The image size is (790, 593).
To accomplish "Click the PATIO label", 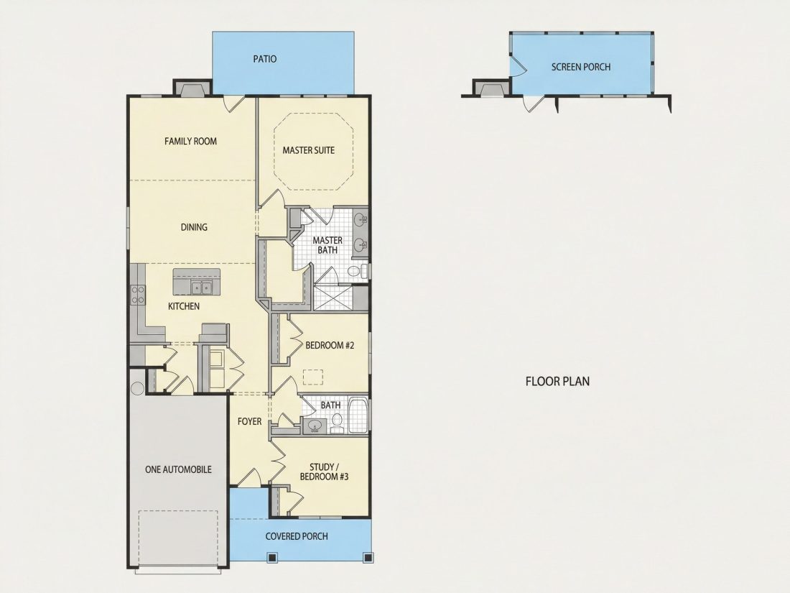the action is [x=264, y=59].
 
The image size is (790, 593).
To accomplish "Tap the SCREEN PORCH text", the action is [x=581, y=67].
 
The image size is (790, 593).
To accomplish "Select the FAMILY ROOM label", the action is [x=190, y=141].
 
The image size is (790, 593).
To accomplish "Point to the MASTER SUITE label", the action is [x=308, y=150].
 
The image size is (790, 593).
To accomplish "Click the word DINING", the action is [x=194, y=227].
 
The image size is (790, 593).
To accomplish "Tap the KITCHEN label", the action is [x=183, y=306].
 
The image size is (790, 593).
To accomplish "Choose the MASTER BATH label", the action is [x=327, y=245].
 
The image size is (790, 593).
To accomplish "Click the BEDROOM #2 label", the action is [x=330, y=346].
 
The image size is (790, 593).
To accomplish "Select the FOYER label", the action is [x=249, y=421].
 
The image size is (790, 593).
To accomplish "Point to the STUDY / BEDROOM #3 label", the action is [x=324, y=472].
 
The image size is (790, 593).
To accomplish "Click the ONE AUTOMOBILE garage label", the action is [x=178, y=469].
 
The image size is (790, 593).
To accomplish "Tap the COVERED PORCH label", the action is [x=297, y=536].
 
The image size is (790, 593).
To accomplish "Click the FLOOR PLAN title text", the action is [x=557, y=381].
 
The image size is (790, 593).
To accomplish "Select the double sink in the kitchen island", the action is [x=201, y=288].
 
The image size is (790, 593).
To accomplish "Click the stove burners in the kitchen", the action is [x=138, y=295].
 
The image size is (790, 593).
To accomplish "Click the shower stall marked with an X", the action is [x=333, y=298].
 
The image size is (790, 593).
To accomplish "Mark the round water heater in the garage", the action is [x=137, y=388].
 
